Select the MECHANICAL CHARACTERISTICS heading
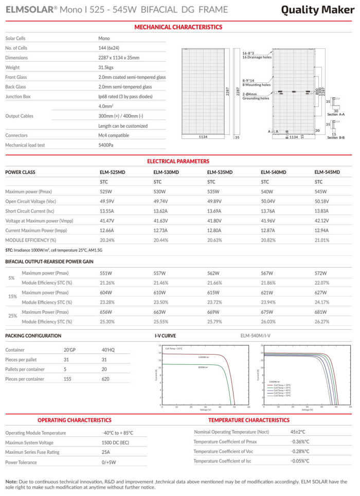tap(178, 27)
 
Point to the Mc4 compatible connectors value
tap(114, 135)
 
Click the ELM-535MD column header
tap(220, 172)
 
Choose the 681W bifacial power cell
tap(321, 312)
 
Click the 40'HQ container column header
tap(109, 350)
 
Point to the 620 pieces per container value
tap(105, 379)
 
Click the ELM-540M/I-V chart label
tap(256, 335)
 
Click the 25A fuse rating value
tap(106, 452)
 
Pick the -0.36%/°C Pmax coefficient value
tap(299, 441)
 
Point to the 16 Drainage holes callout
tap(257, 57)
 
